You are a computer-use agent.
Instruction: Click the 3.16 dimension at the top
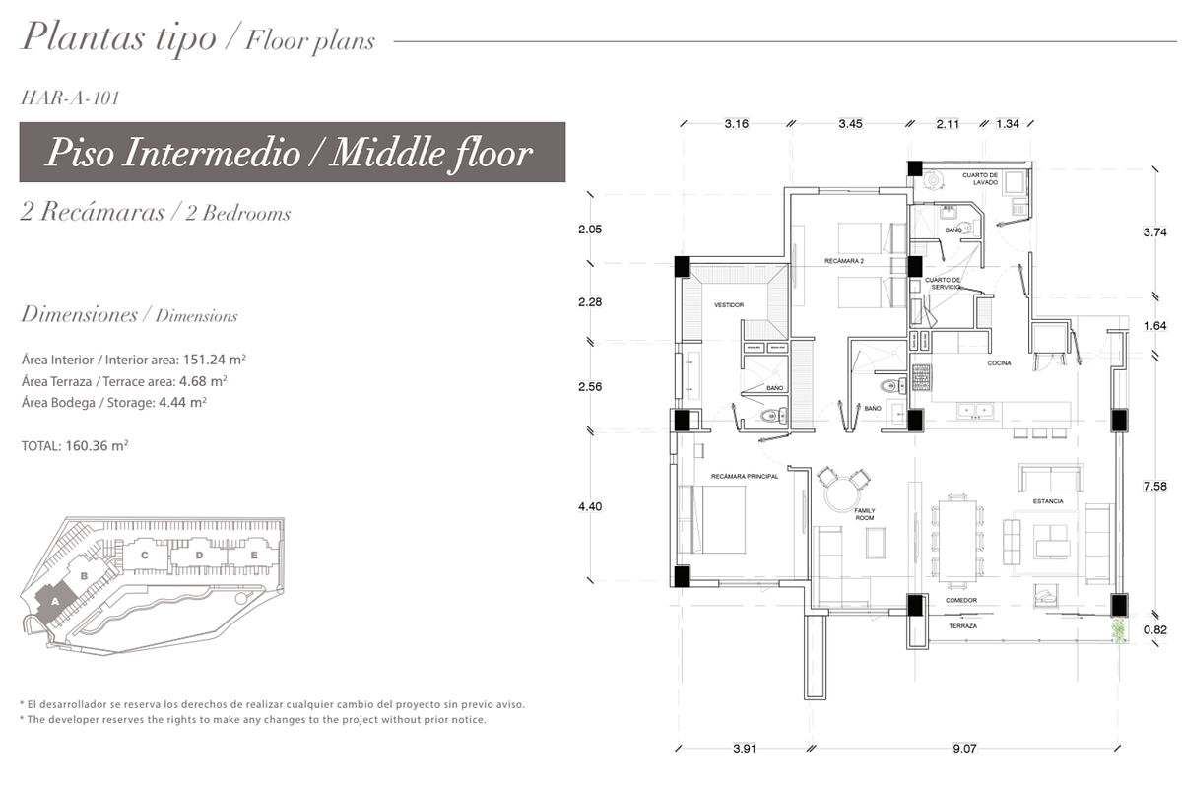click(736, 123)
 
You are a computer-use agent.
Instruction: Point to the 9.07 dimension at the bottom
click(964, 748)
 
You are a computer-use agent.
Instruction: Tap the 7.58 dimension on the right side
click(1154, 486)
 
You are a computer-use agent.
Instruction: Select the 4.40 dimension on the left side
click(590, 506)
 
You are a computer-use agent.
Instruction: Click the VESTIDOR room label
click(729, 305)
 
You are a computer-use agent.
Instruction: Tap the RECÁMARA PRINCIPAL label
click(745, 476)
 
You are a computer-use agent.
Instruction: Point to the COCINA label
click(1000, 363)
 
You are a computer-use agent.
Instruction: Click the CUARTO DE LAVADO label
click(980, 179)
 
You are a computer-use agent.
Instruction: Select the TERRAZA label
click(963, 626)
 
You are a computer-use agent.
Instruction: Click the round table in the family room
click(843, 494)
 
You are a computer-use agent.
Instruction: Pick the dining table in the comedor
click(957, 541)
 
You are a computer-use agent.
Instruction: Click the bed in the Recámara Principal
click(712, 519)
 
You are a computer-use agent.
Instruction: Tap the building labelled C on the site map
click(145, 556)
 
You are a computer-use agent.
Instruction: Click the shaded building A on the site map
click(56, 603)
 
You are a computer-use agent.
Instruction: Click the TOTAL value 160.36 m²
click(98, 445)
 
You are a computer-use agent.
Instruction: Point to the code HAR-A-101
click(70, 98)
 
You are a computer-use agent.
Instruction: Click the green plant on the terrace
click(1118, 630)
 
